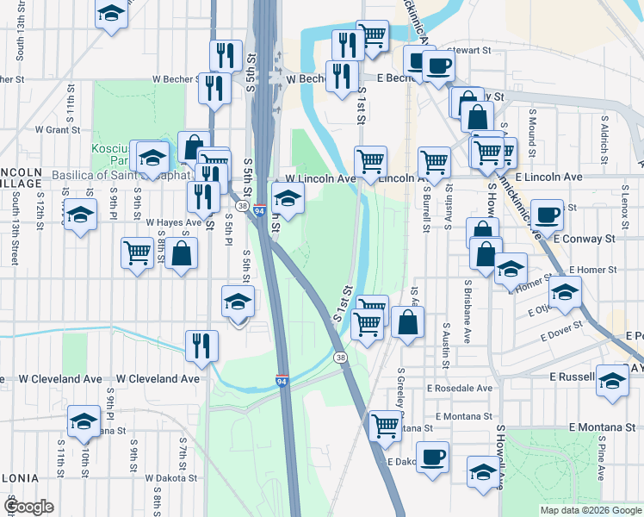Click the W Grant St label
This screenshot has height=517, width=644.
pyautogui.click(x=57, y=130)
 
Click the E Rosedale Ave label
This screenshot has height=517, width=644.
pyautogui.click(x=459, y=389)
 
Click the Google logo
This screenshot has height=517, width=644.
pyautogui.click(x=28, y=507)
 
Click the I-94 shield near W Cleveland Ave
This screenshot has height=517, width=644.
pyautogui.click(x=282, y=380)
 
